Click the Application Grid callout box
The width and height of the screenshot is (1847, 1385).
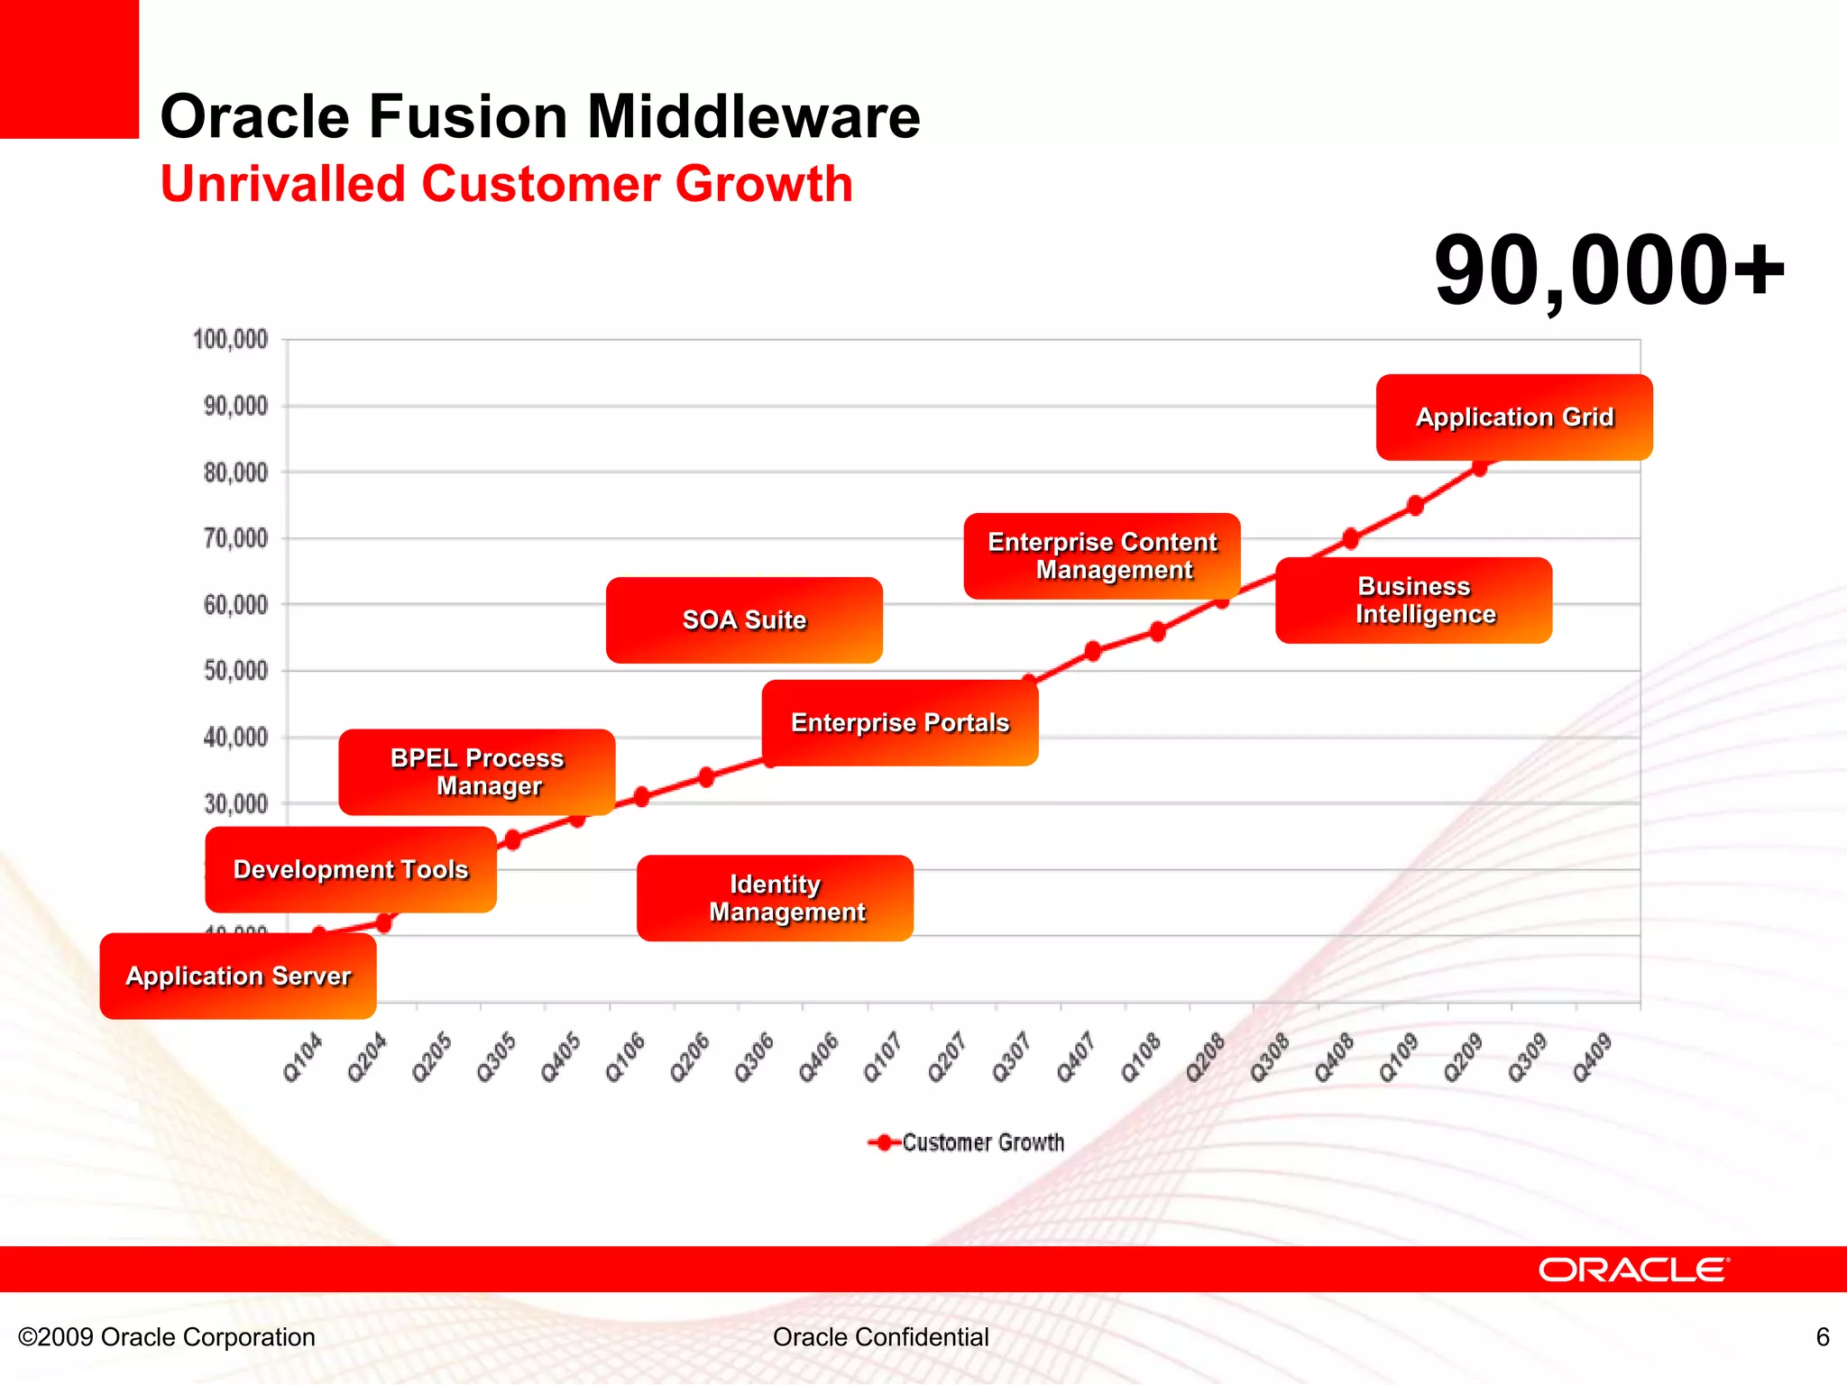tap(1514, 417)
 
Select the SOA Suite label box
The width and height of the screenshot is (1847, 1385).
tap(744, 620)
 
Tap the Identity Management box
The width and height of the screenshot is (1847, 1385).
tap(775, 898)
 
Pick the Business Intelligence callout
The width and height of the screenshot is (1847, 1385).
tap(1413, 601)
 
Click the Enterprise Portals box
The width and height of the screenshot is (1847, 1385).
tap(899, 723)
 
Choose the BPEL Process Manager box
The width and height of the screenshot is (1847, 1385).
tap(476, 772)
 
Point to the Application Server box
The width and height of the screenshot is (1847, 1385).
tap(238, 977)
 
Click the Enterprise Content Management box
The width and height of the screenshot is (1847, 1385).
tap(1101, 556)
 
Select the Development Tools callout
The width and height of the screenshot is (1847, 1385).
tap(351, 870)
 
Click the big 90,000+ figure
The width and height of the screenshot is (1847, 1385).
tap(1609, 271)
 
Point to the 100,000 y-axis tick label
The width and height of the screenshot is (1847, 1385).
tap(231, 340)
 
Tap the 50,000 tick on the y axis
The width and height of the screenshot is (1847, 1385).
tap(236, 671)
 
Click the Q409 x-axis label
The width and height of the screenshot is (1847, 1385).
tap(1592, 1058)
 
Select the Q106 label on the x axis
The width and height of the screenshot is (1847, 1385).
tap(625, 1058)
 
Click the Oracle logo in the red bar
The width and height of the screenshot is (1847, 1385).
tap(1633, 1270)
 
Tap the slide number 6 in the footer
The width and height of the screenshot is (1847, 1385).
tap(1822, 1337)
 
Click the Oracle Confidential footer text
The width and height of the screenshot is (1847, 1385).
tap(880, 1337)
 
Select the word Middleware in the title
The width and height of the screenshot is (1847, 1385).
tap(754, 117)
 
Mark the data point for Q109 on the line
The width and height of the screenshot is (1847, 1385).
tap(1415, 506)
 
